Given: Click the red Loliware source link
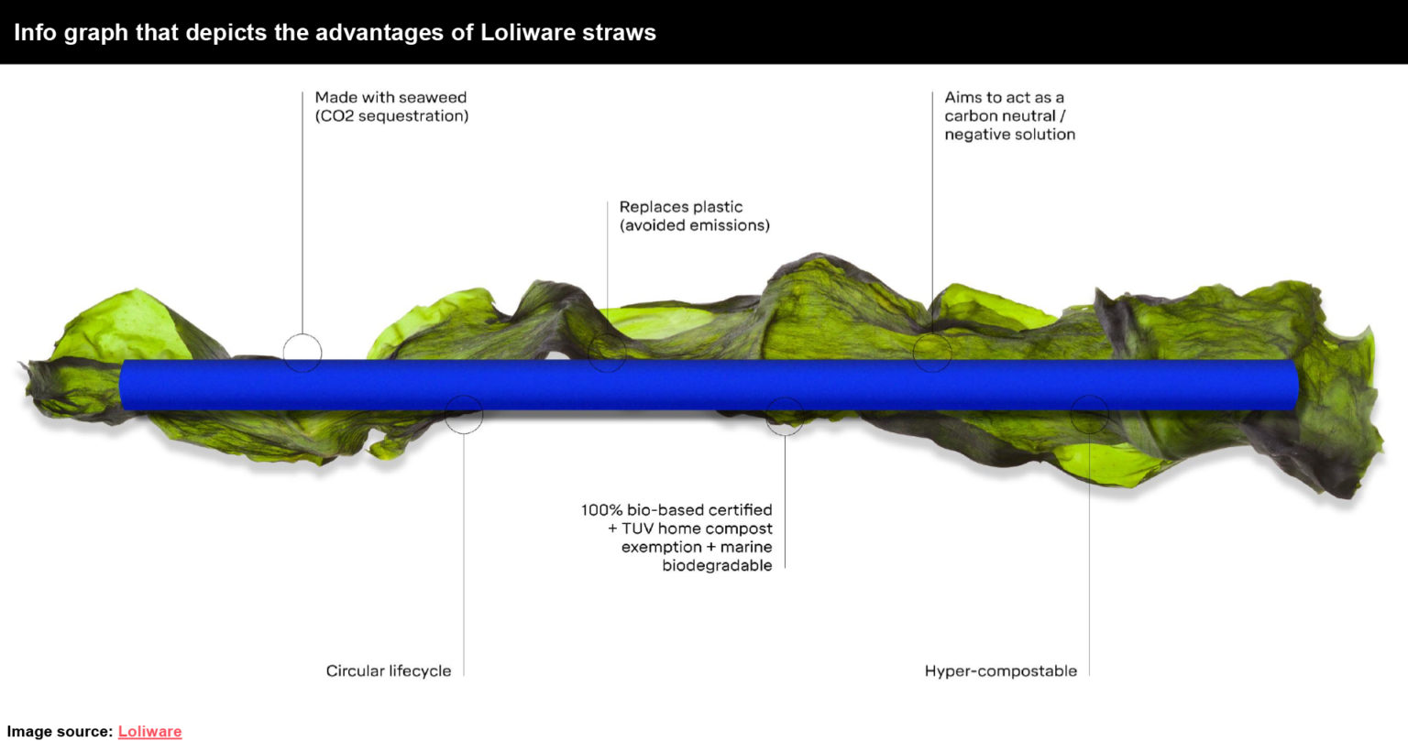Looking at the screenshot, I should click(x=149, y=731).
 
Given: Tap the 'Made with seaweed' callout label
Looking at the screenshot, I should click(x=390, y=97).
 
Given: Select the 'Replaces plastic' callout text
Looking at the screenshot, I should click(x=681, y=207).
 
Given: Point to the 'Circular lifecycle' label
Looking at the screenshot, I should click(x=389, y=670).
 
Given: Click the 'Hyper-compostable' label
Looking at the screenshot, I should click(x=1000, y=670).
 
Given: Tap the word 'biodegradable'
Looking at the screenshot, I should click(x=717, y=565).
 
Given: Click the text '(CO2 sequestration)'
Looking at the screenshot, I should click(x=391, y=116).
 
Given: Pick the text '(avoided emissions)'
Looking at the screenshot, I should click(x=695, y=225).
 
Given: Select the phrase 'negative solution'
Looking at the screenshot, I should click(x=1009, y=135).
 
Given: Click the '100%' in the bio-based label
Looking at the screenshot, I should click(x=600, y=510).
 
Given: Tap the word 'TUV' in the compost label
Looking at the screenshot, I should click(x=637, y=529).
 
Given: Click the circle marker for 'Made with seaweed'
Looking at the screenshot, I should click(x=302, y=353).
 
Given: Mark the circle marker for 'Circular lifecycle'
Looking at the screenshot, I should click(x=464, y=415).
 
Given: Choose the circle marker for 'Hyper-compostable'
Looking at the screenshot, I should click(x=1089, y=415).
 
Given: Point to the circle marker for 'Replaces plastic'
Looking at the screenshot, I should click(x=607, y=353).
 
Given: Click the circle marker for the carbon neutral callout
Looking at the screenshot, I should click(x=932, y=353).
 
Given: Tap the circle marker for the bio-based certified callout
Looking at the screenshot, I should click(x=785, y=417).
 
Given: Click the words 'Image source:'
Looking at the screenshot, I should click(x=60, y=731).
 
